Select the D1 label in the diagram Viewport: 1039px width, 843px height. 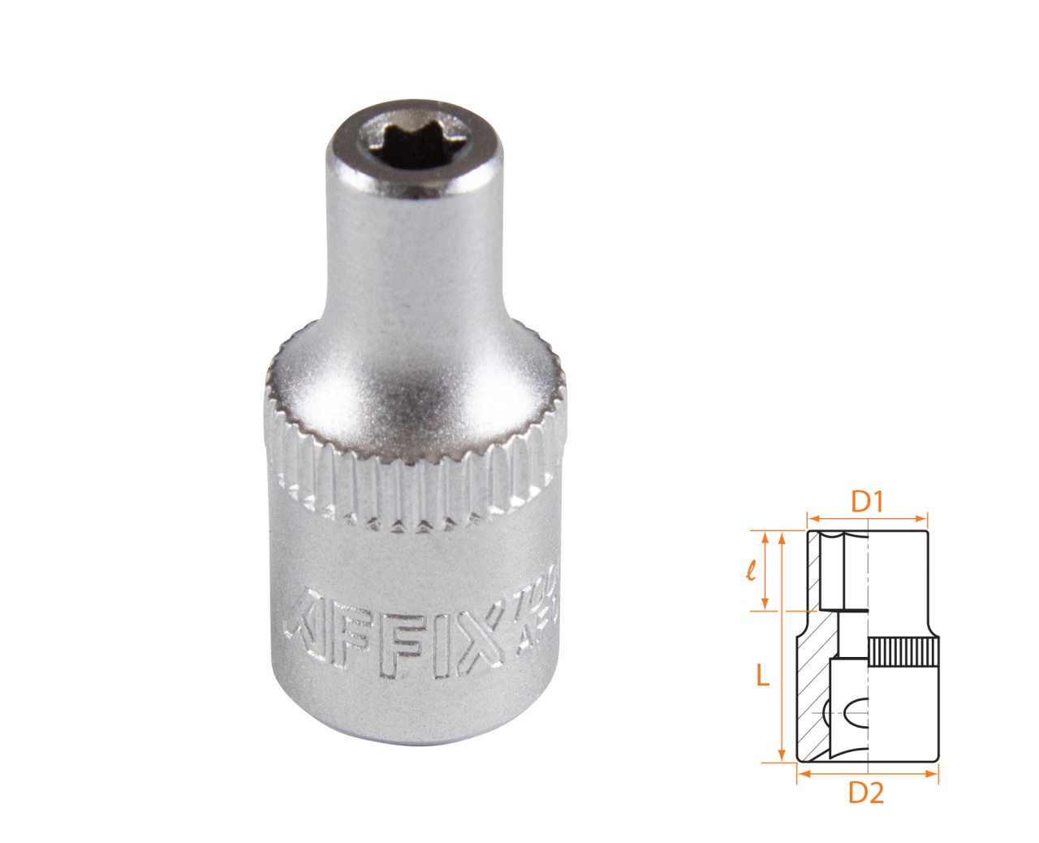point(866,502)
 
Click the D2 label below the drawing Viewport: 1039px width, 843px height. point(866,793)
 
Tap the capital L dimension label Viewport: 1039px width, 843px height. point(762,675)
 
